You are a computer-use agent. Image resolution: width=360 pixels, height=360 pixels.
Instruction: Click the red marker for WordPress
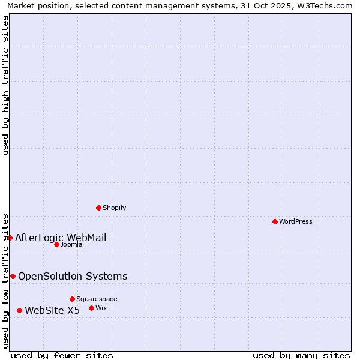(x=275, y=221)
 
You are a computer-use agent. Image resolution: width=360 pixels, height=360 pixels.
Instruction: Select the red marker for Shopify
(x=98, y=208)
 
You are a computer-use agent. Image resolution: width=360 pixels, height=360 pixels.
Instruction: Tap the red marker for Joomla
(x=56, y=244)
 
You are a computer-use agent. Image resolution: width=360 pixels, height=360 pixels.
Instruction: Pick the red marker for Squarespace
(x=72, y=299)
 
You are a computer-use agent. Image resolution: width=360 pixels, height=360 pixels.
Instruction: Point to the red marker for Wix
(x=91, y=308)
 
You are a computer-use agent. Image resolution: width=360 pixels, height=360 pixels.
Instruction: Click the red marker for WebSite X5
(x=19, y=310)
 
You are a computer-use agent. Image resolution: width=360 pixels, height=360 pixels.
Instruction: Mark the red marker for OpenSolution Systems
(x=13, y=276)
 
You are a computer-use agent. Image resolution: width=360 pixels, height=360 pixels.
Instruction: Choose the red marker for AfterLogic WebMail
(x=10, y=238)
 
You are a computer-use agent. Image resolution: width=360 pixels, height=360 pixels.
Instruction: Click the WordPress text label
(x=296, y=221)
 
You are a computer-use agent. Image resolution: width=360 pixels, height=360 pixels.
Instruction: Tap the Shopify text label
(x=114, y=208)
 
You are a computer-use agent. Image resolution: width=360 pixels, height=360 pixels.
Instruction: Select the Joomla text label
(x=71, y=244)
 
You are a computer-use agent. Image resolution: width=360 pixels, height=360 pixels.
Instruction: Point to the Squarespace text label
(x=97, y=299)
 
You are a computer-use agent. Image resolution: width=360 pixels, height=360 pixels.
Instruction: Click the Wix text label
(x=101, y=308)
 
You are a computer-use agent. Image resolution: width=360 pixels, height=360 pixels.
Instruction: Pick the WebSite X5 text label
(x=52, y=310)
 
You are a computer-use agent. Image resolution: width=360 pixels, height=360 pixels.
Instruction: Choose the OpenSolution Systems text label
(x=73, y=276)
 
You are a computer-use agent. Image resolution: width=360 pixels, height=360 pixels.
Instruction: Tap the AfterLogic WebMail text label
(x=61, y=238)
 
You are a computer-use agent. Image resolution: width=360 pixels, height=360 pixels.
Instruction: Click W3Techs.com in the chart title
(x=325, y=5)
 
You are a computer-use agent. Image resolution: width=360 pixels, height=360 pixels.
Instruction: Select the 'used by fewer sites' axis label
(x=62, y=355)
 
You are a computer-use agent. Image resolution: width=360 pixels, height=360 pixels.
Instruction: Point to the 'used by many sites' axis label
(x=301, y=355)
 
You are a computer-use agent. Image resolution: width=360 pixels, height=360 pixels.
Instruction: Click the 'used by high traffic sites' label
(x=5, y=85)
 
